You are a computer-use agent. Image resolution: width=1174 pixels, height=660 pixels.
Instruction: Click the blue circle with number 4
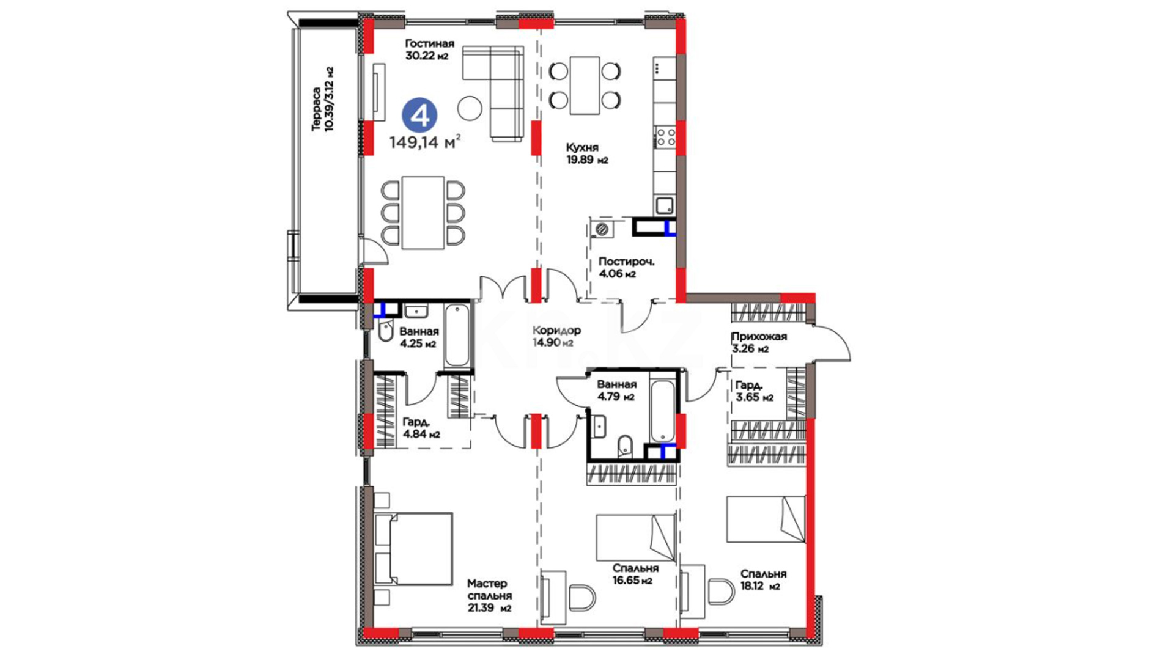point(419,116)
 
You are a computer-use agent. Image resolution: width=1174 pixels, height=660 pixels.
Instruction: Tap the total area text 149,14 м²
point(425,142)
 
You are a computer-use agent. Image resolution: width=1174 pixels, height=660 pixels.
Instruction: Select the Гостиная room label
point(429,43)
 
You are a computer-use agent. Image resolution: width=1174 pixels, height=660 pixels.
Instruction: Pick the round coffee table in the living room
point(470,108)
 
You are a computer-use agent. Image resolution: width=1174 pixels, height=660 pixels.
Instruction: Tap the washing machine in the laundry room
point(603,229)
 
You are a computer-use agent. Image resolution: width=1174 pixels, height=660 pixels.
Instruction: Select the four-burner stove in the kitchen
point(665,137)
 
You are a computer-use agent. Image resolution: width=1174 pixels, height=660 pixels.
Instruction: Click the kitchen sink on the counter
point(665,205)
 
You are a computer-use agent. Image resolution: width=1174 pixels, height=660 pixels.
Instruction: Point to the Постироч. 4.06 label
point(626,268)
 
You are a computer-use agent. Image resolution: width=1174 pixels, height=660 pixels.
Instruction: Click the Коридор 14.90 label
point(556,337)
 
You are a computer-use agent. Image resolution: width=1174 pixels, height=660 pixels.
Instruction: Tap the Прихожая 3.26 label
point(759,343)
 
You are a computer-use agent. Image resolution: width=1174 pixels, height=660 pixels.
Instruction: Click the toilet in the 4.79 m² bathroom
point(625,446)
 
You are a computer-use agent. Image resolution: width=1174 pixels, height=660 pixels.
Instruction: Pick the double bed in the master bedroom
point(413,549)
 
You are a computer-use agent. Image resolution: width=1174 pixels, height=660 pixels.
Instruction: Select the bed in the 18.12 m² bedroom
point(766,519)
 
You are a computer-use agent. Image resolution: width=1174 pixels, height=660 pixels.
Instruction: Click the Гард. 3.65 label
point(754,391)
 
